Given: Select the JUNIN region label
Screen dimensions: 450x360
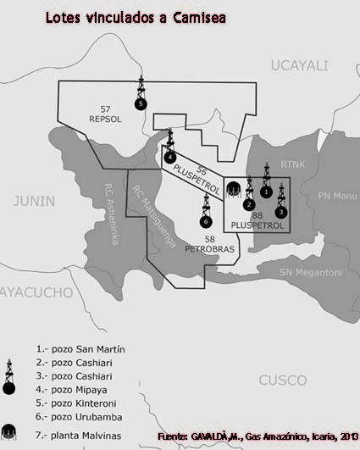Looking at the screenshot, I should (34, 201).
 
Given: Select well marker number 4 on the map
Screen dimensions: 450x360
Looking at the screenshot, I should (170, 157).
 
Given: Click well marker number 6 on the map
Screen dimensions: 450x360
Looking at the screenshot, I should (206, 221).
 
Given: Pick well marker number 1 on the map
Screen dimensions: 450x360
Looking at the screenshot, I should (266, 192).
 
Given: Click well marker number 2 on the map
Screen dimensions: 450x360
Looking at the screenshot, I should (249, 204).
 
